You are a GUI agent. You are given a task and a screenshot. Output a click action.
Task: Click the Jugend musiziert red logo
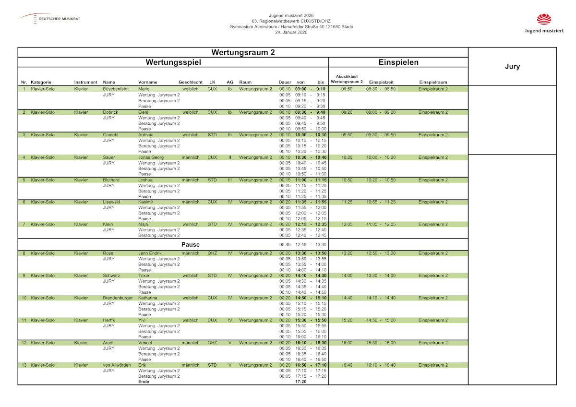(x=544, y=19)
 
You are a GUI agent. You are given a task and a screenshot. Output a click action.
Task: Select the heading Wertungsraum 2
(x=243, y=52)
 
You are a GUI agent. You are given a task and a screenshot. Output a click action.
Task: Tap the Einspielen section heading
(x=398, y=62)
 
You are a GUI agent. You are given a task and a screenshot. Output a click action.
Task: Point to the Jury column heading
(x=512, y=67)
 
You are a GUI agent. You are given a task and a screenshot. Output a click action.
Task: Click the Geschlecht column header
(x=191, y=82)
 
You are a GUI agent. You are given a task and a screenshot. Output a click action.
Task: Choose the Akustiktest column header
(x=347, y=79)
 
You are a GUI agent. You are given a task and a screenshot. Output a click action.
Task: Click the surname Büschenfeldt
(x=116, y=89)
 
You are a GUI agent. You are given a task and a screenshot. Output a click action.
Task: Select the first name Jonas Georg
(x=151, y=157)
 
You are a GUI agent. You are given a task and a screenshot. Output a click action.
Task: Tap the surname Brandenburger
(x=118, y=298)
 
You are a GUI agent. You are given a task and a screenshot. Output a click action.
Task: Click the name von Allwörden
(x=117, y=365)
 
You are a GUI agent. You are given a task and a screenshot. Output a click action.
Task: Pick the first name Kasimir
(x=146, y=202)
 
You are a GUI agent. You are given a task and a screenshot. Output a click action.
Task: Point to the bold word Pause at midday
(x=191, y=245)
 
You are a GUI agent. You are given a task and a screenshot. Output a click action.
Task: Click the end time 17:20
(x=301, y=382)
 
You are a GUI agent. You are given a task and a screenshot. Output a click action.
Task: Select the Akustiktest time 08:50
(x=347, y=89)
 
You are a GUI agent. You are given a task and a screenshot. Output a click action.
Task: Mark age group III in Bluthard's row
(x=230, y=180)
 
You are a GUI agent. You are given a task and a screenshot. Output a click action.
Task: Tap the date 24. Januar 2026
(x=291, y=32)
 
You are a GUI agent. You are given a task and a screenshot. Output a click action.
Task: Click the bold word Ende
(x=144, y=382)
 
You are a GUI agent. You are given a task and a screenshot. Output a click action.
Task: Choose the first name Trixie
(x=144, y=275)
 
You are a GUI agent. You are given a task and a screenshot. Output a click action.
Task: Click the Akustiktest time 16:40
(x=347, y=365)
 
